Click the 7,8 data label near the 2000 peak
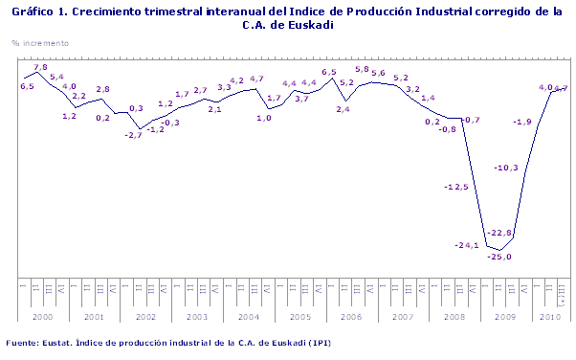pos(41,68)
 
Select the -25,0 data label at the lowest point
pos(500,257)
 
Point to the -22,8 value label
pos(500,233)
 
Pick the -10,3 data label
pos(505,169)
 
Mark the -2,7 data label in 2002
pos(133,135)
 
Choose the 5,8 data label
pos(363,69)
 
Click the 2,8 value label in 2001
pos(103,89)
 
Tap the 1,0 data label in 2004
pos(264,118)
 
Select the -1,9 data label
pos(522,122)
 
